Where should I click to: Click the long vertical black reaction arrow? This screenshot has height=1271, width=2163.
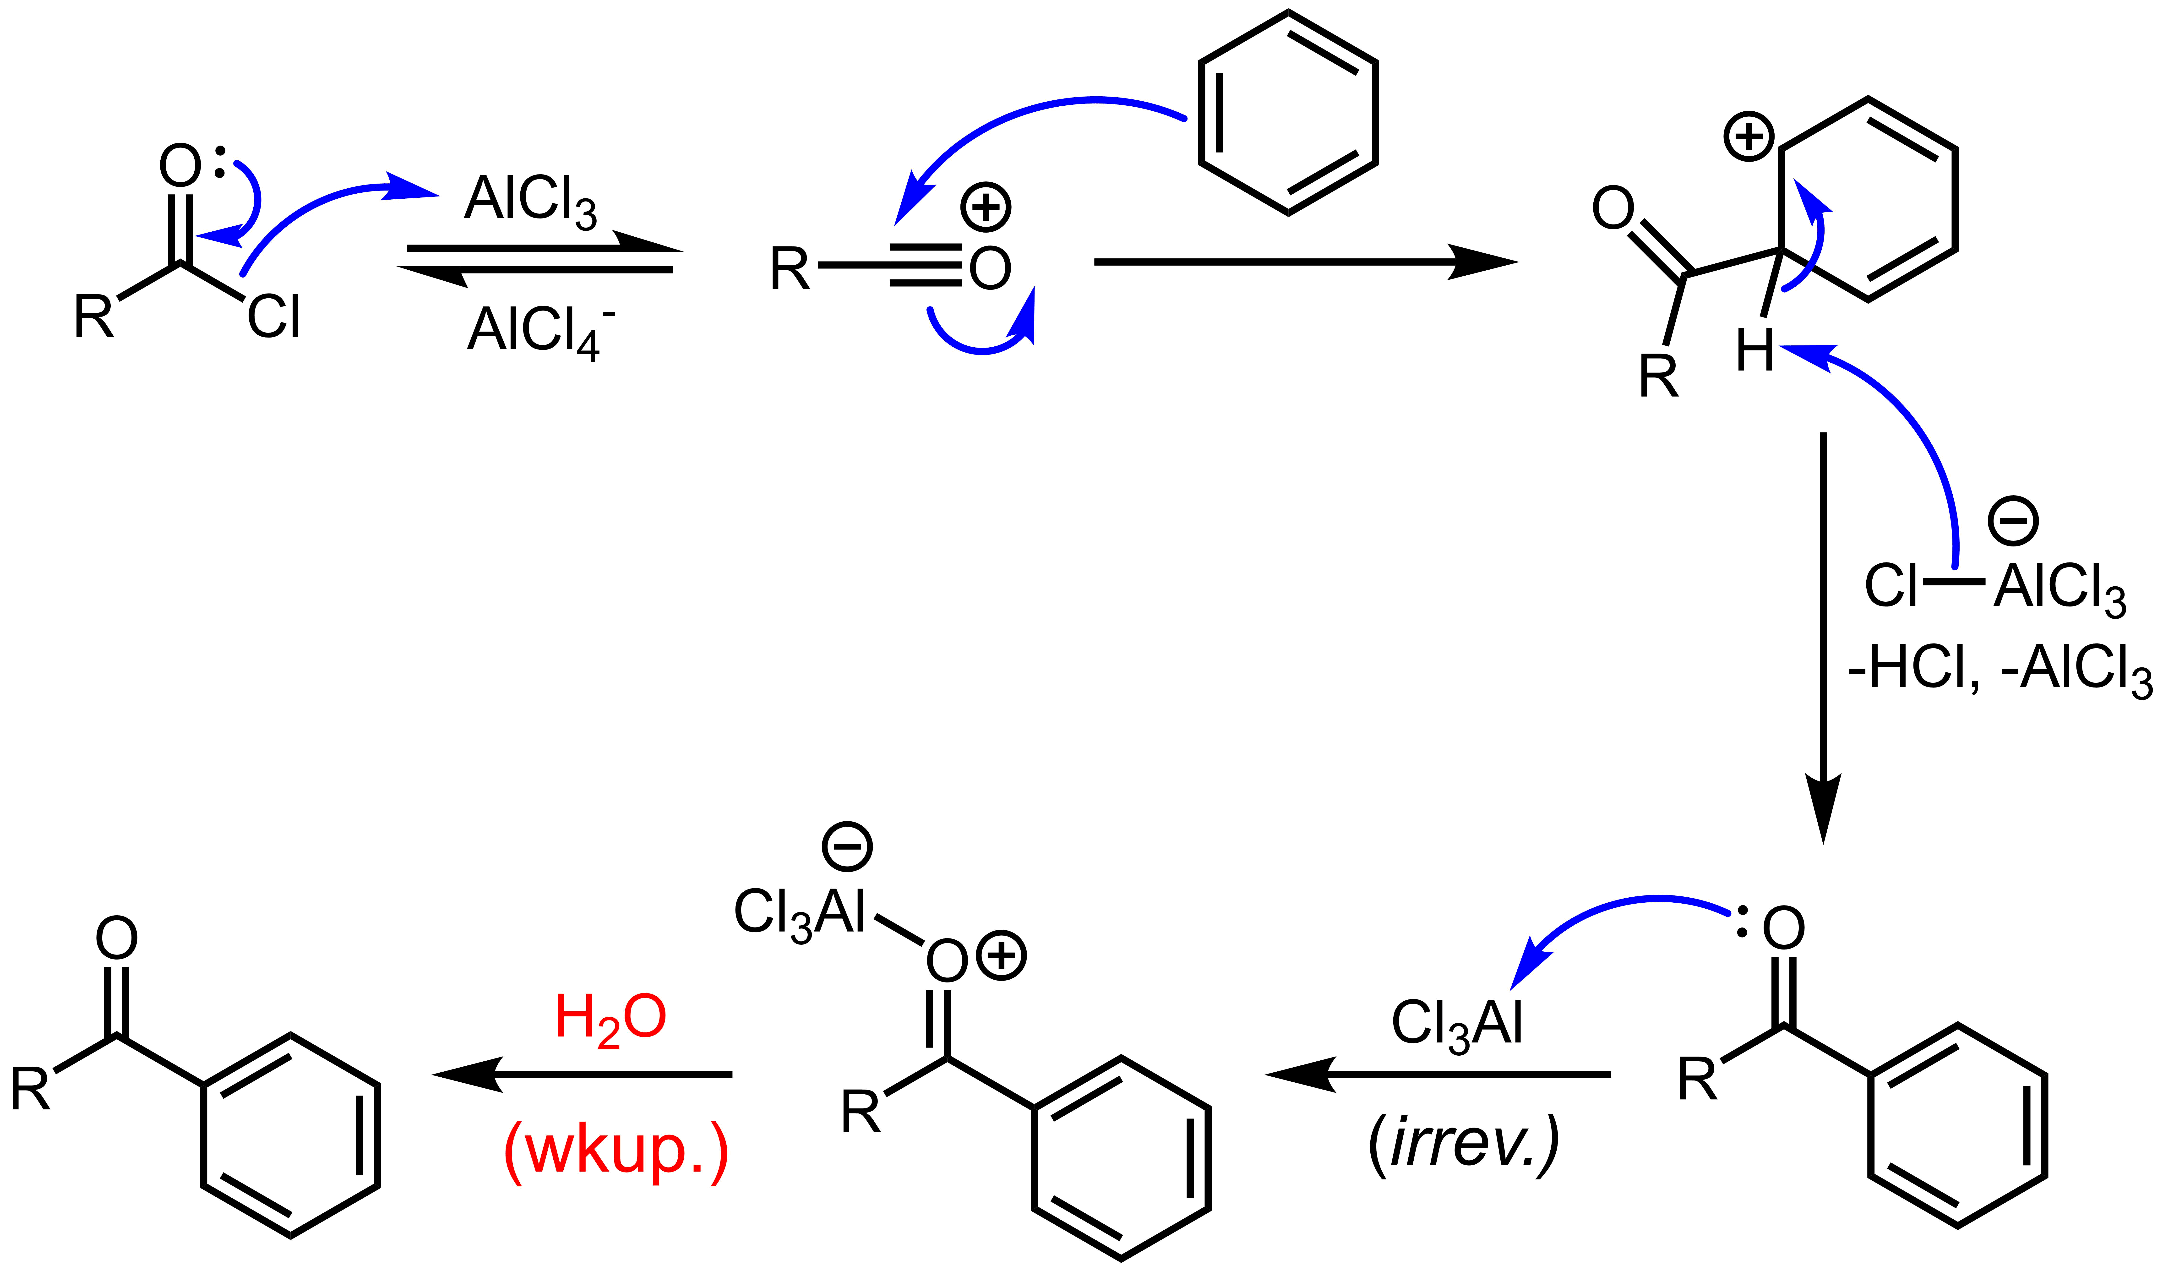1823,635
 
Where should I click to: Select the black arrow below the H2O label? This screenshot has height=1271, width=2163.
584,1075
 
